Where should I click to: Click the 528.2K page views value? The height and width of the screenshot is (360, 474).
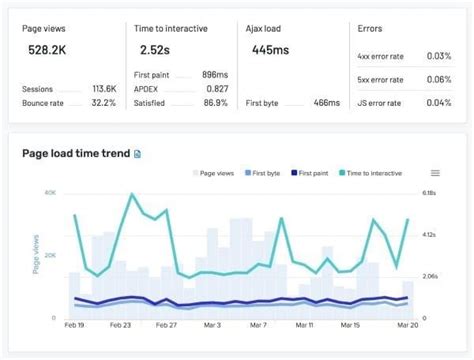point(48,49)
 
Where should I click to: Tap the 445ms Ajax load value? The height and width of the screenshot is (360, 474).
point(271,49)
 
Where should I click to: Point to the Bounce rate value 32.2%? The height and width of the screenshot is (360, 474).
point(103,103)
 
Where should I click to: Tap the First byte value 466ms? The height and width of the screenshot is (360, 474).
point(325,103)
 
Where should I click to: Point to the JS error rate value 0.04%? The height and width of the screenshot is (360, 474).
point(437,103)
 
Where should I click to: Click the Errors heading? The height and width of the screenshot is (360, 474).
point(369,28)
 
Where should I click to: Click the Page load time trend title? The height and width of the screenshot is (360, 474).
point(75,154)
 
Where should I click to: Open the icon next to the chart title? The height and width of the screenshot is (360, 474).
point(138,154)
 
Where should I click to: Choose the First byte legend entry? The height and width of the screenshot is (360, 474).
point(262,173)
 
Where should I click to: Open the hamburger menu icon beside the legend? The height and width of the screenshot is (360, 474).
point(435,173)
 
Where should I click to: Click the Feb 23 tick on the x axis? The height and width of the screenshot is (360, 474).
point(120,326)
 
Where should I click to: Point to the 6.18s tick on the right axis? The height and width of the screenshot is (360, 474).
point(430,193)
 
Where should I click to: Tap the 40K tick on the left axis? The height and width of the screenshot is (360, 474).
point(50,193)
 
